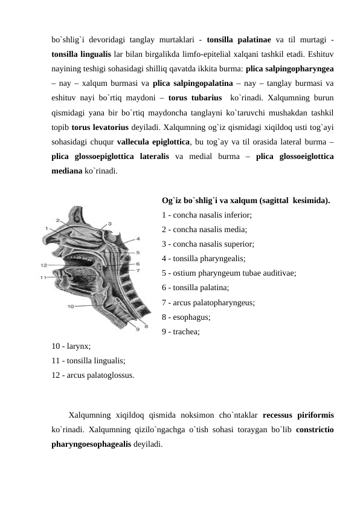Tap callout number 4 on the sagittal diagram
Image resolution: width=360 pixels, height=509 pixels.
coord(138,238)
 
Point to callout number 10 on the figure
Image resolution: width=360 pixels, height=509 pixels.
coord(71,306)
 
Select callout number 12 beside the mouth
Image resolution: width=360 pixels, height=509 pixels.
coord(43,265)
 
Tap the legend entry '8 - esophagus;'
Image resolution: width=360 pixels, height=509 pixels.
coord(187,317)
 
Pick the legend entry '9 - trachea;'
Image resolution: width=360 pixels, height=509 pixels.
coord(182,331)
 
